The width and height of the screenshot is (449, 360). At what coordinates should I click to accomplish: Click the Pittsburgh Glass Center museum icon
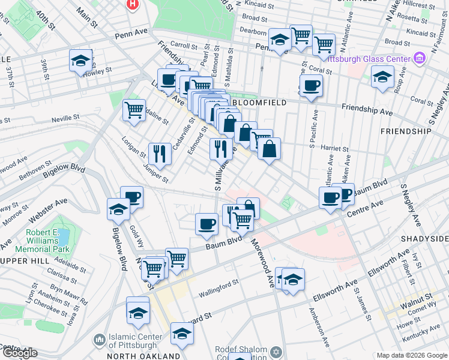pyautogui.click(x=419, y=58)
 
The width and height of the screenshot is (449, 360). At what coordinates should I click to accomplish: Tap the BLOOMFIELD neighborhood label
pyautogui.click(x=256, y=103)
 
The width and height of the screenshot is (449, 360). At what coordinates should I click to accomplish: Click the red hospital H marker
pyautogui.click(x=132, y=4)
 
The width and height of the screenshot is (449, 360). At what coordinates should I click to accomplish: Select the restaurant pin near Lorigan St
pyautogui.click(x=159, y=153)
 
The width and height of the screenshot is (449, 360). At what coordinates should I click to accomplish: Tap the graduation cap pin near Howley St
pyautogui.click(x=80, y=61)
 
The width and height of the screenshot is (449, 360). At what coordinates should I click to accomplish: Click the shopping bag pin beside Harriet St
pyautogui.click(x=270, y=148)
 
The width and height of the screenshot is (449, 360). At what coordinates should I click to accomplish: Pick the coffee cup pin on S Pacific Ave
pyautogui.click(x=311, y=85)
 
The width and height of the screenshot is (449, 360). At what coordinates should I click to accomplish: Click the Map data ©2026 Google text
pyautogui.click(x=411, y=355)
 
